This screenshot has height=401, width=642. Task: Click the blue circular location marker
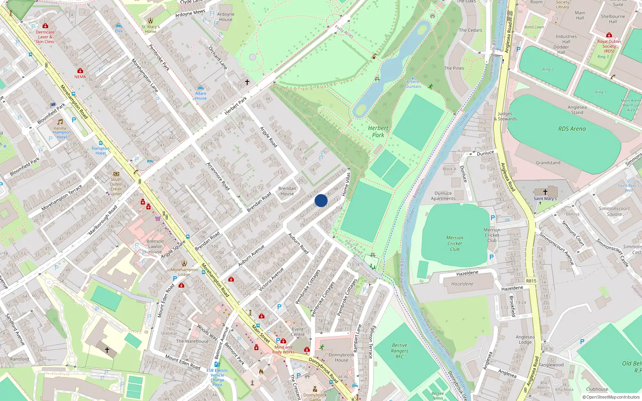[x=321, y=200]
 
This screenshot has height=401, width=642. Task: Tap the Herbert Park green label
[x=378, y=132]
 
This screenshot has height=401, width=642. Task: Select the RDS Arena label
[x=572, y=129]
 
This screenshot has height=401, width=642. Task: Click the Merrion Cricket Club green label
[x=455, y=243]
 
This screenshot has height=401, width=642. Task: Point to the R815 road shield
[x=531, y=281]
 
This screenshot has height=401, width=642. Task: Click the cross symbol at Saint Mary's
[x=545, y=192]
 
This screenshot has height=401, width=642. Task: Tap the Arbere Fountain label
[x=412, y=84]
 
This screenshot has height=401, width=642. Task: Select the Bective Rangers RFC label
[x=400, y=351]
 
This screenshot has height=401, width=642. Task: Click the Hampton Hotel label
[x=100, y=151]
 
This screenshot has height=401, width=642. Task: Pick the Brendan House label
[x=287, y=191]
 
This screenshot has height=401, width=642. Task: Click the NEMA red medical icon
[x=80, y=71]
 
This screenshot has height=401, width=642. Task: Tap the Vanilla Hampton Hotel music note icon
[x=60, y=122]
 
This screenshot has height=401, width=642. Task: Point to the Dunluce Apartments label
[x=443, y=196]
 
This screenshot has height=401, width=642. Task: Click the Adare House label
[x=201, y=96]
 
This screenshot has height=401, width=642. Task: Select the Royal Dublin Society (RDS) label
[x=609, y=46]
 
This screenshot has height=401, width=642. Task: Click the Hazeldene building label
[x=462, y=284]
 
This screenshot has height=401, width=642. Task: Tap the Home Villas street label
[x=346, y=184]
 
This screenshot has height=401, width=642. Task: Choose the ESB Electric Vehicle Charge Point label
[x=217, y=377]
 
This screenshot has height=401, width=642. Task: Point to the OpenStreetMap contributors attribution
[x=611, y=397]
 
